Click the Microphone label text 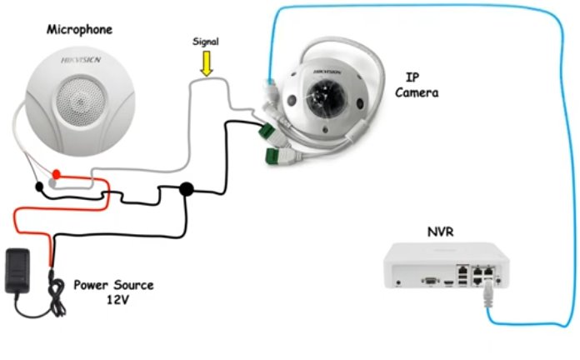pyautogui.click(x=79, y=30)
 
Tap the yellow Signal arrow pyautogui.click(x=207, y=63)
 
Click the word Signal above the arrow pyautogui.click(x=206, y=42)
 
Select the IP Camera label pyautogui.click(x=417, y=85)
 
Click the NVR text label pyautogui.click(x=440, y=232)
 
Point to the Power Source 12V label pyautogui.click(x=113, y=292)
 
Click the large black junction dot pyautogui.click(x=187, y=189)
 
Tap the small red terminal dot pyautogui.click(x=56, y=174)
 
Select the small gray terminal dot pyautogui.click(x=52, y=182)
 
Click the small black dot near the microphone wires pyautogui.click(x=39, y=187)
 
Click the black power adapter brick pyautogui.click(x=17, y=271)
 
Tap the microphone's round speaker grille pyautogui.click(x=79, y=101)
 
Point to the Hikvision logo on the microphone pyautogui.click(x=81, y=60)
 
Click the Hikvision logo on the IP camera pyautogui.click(x=327, y=72)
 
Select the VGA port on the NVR pyautogui.click(x=431, y=281)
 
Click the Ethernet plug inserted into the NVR pyautogui.click(x=488, y=293)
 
